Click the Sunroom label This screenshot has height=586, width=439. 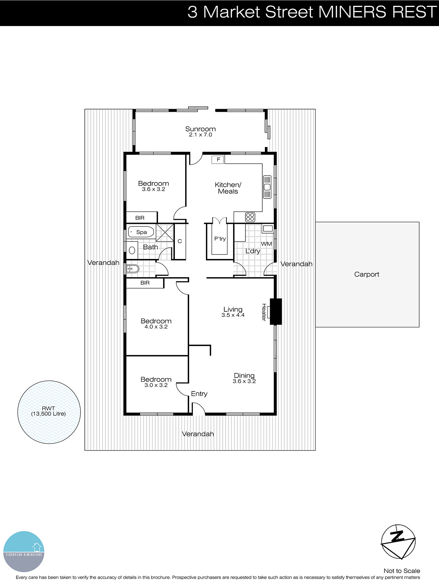tap(200, 129)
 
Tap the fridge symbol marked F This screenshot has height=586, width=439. tap(218, 160)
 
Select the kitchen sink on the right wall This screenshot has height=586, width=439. tap(267, 187)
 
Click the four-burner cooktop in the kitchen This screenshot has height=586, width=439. tap(250, 217)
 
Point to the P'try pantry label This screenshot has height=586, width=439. tap(220, 239)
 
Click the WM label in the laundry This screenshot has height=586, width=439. tap(266, 244)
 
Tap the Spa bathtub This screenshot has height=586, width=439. tap(141, 232)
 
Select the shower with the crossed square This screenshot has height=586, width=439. tap(165, 233)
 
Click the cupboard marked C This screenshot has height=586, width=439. tap(180, 241)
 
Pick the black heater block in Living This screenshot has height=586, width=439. tap(276, 312)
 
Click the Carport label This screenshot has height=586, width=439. tap(367, 274)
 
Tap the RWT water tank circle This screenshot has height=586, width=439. tap(49, 412)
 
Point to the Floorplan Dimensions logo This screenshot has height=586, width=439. tap(24, 552)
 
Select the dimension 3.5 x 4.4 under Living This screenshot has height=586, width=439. tap(233, 315)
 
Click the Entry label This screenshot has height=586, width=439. tap(199, 394)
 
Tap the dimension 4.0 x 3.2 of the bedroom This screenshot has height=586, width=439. tap(156, 327)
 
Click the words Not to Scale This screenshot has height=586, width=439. tap(401, 571)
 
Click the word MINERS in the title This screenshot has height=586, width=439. tap(352, 12)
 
